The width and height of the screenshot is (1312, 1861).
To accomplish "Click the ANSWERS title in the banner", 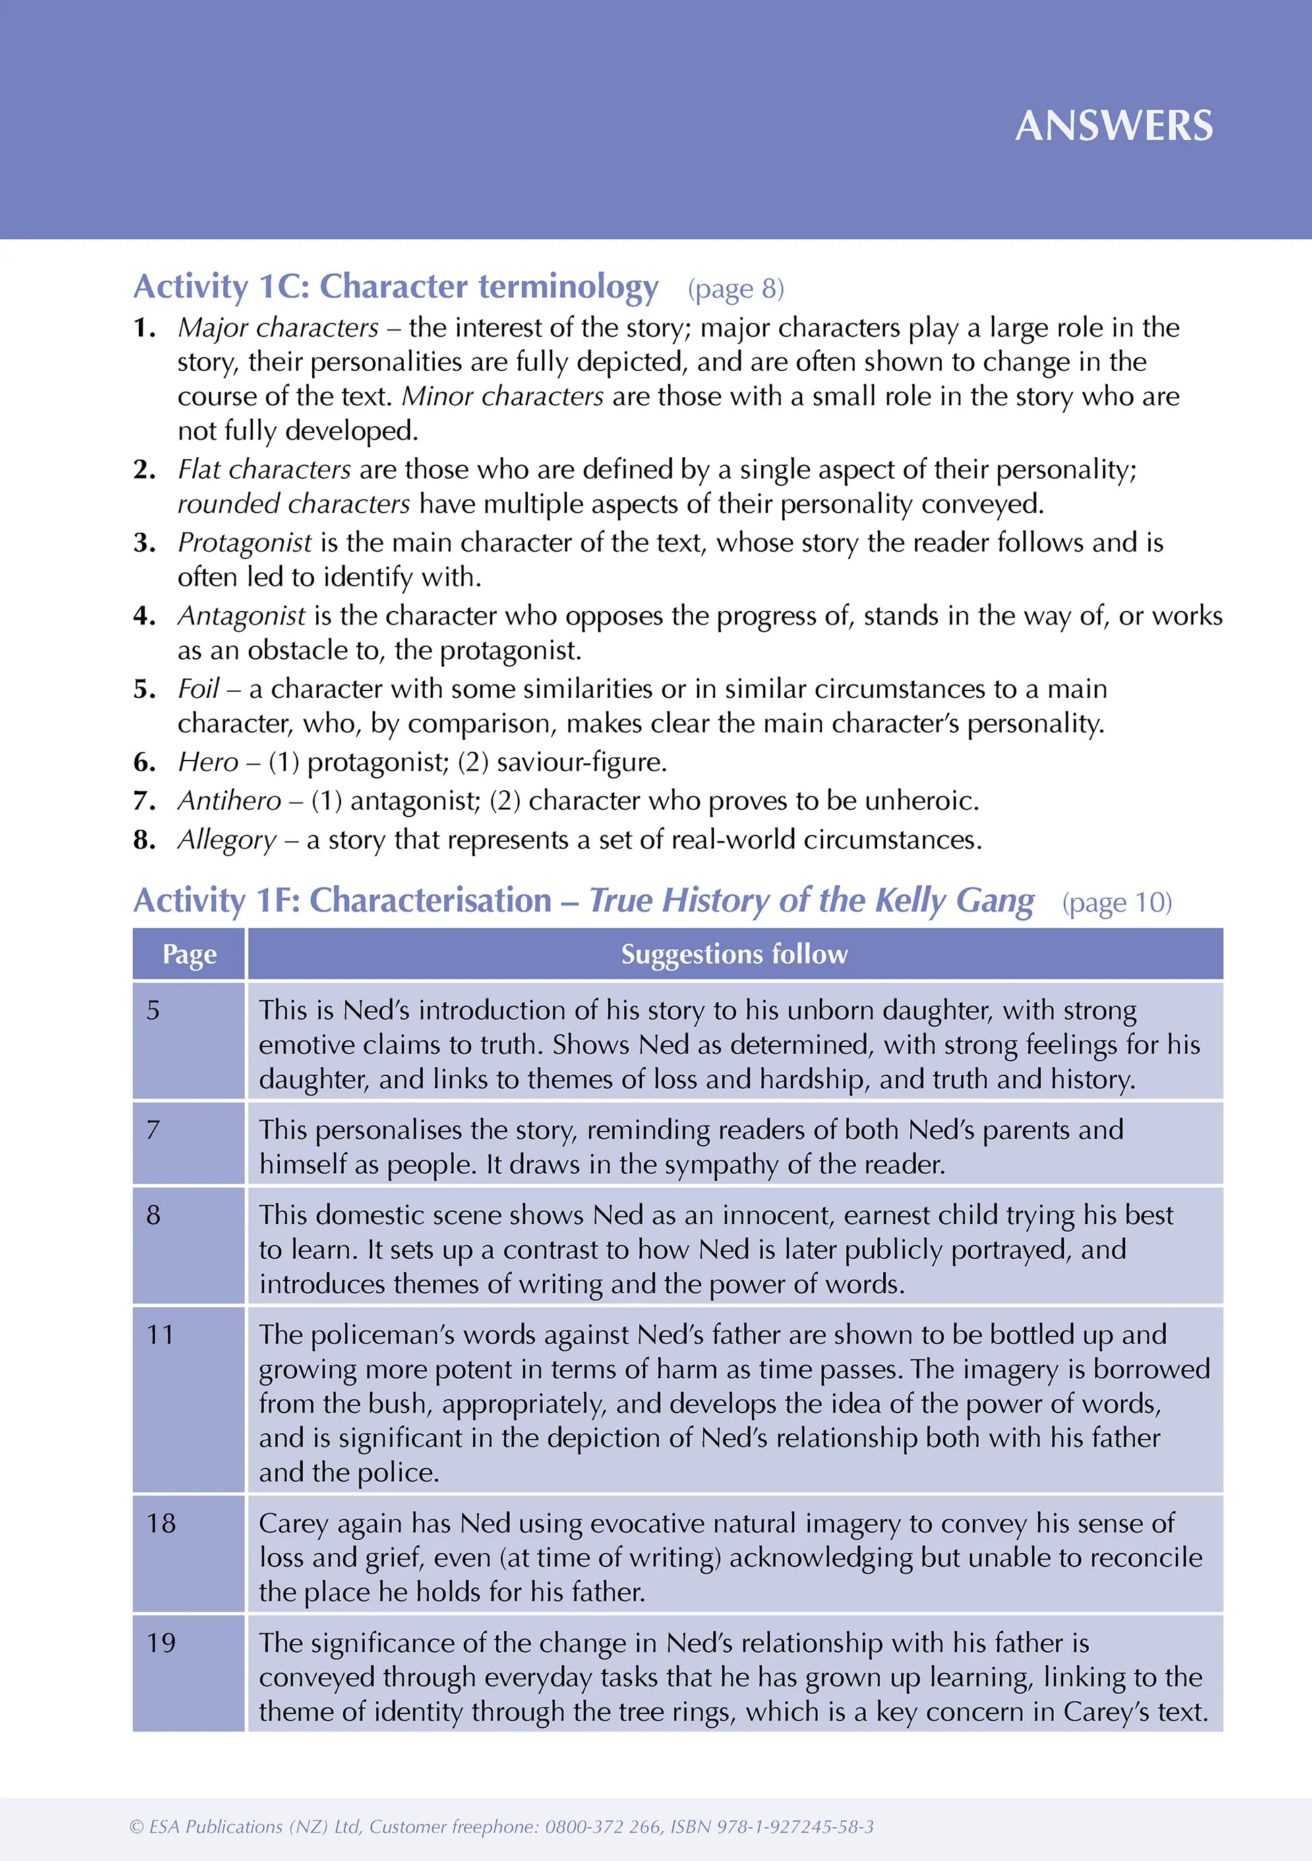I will [1114, 127].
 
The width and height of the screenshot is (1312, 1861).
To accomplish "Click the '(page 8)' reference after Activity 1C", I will [736, 289].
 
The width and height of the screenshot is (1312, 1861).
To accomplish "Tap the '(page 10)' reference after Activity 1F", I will [1116, 903].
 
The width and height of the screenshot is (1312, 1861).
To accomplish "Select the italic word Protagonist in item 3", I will [245, 543].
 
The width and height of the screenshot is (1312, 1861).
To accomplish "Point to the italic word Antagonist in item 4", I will [241, 616].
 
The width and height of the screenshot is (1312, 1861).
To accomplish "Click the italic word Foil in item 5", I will [198, 689].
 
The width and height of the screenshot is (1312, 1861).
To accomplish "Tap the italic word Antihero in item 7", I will [229, 802].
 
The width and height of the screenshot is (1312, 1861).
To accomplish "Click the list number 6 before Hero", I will [144, 763].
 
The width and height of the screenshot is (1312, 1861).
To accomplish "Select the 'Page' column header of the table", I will [189, 955].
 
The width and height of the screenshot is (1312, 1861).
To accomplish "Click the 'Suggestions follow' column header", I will [734, 955].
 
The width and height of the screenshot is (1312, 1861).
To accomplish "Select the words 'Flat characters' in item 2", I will [264, 470].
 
